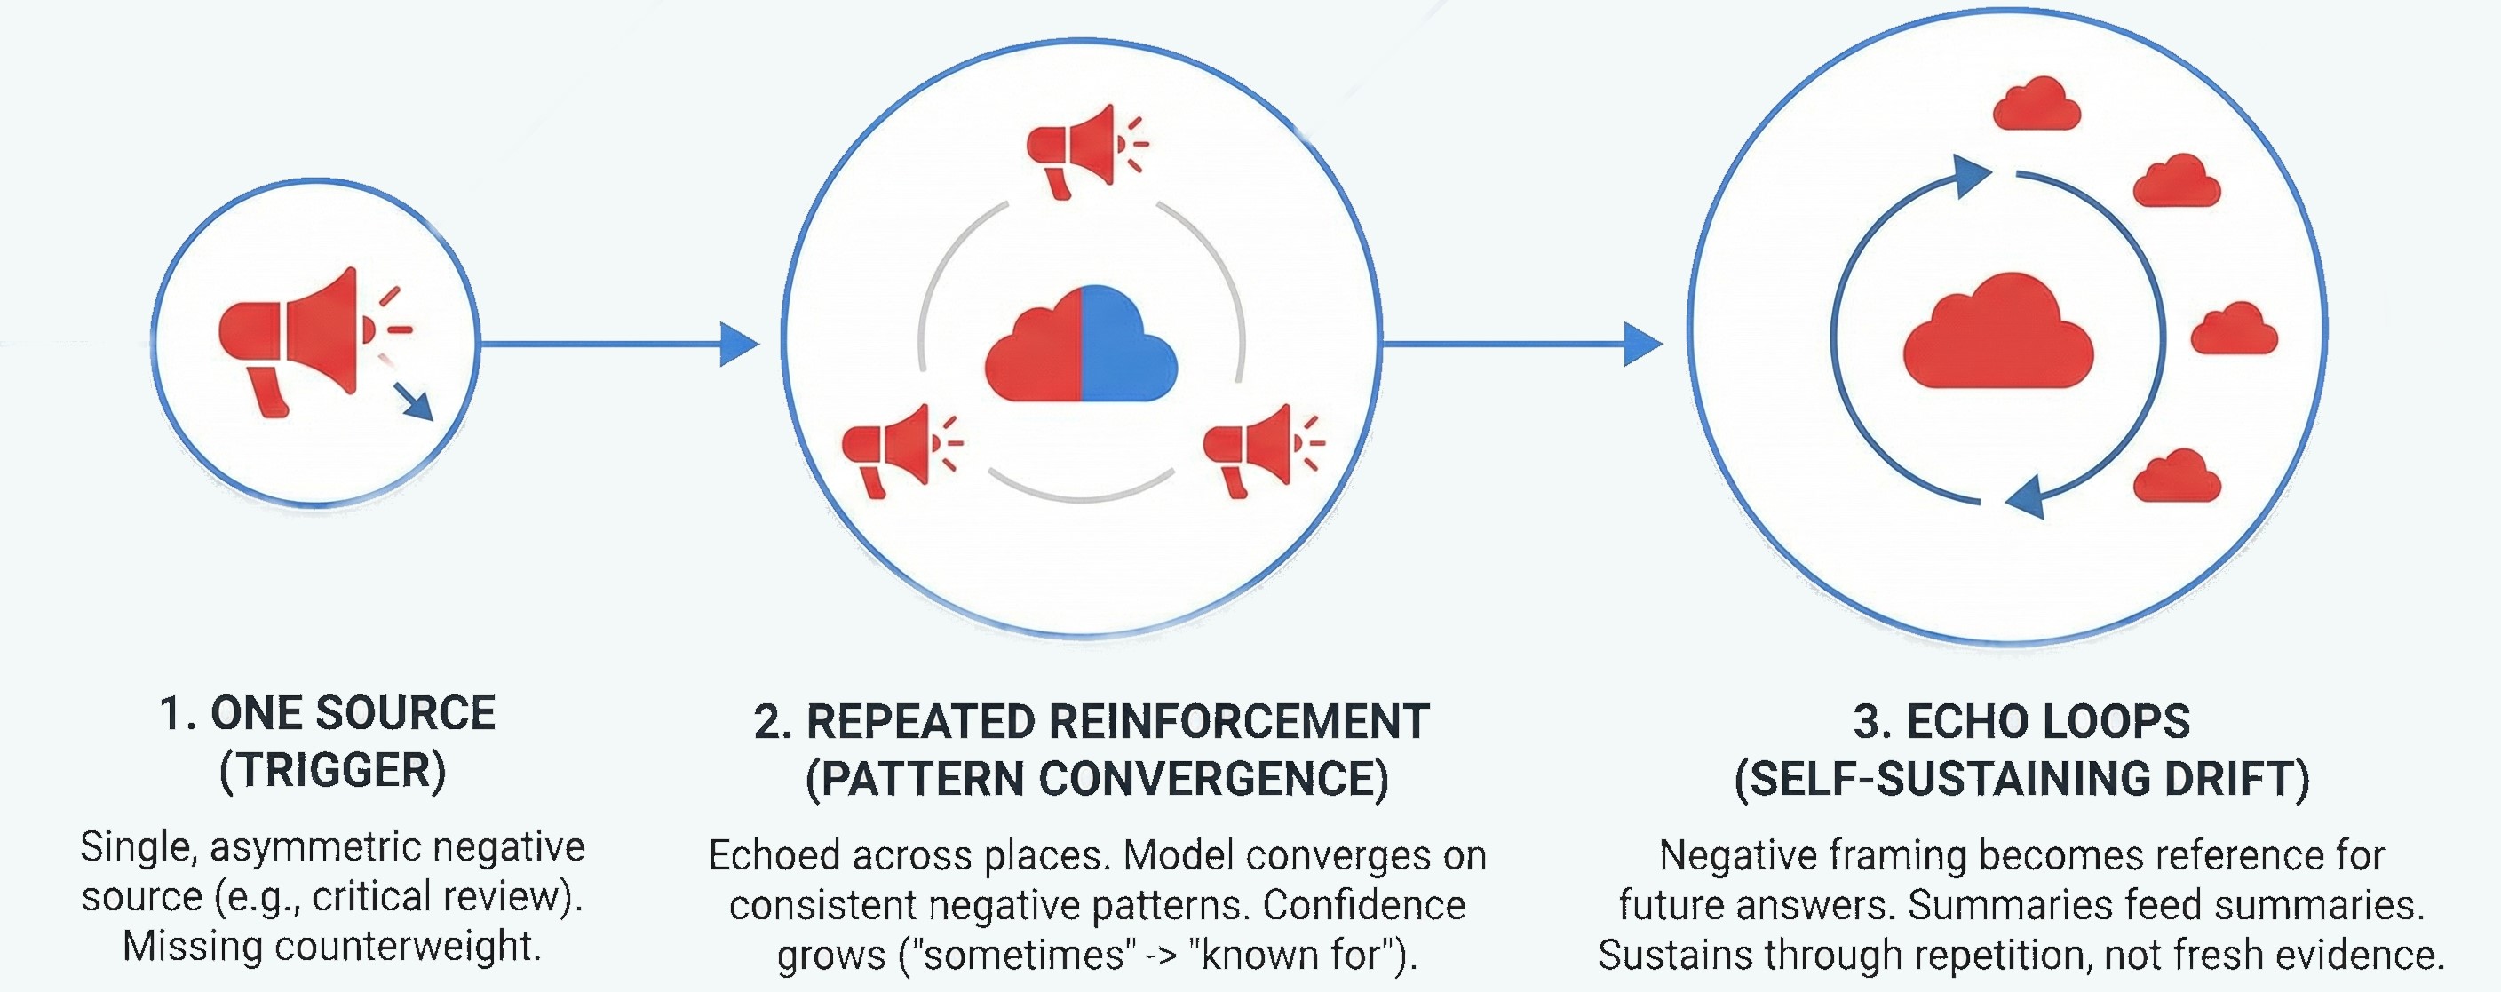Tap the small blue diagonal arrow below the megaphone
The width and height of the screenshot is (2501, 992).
point(415,400)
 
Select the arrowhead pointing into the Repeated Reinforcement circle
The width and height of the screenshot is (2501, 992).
point(740,344)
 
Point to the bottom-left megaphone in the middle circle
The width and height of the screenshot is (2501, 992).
point(888,448)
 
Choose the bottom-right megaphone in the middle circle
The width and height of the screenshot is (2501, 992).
point(1250,448)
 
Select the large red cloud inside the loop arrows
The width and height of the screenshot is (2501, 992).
point(1998,335)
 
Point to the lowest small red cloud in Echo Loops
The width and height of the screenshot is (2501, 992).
point(2177,478)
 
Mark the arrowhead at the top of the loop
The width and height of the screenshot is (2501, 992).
point(1971,177)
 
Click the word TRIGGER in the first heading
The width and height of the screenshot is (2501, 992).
point(332,772)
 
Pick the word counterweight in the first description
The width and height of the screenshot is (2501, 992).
point(404,947)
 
